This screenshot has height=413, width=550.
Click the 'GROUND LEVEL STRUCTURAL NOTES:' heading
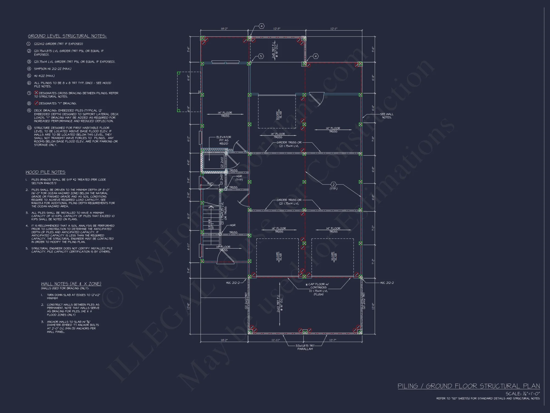[x=67, y=36]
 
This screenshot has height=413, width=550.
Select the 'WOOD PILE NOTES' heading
[x=45, y=172]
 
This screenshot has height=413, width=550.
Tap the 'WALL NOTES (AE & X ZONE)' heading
[x=71, y=284]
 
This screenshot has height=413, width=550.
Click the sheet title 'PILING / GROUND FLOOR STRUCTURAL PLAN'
[x=469, y=386]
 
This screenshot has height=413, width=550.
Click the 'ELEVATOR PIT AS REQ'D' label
[x=224, y=140]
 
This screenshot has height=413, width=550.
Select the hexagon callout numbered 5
[x=261, y=56]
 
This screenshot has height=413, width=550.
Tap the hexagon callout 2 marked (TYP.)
[x=333, y=184]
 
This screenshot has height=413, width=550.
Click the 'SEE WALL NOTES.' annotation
[x=386, y=116]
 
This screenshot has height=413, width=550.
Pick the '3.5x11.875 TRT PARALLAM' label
[x=305, y=347]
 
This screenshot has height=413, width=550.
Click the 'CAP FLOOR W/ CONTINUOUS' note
[x=318, y=286]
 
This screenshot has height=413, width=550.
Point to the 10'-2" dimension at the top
[x=224, y=29]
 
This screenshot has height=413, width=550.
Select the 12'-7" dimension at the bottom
[x=333, y=340]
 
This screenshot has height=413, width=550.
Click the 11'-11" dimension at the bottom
[x=276, y=340]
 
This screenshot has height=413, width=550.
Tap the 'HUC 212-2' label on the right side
[x=387, y=283]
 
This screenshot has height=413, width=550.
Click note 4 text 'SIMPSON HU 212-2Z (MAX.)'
[x=53, y=69]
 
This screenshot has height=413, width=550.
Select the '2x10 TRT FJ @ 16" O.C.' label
[x=279, y=304]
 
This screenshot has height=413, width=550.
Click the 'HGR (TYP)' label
[x=239, y=178]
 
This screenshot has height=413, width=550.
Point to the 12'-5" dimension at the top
[x=277, y=29]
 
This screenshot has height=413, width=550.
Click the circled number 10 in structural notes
[x=29, y=128]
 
